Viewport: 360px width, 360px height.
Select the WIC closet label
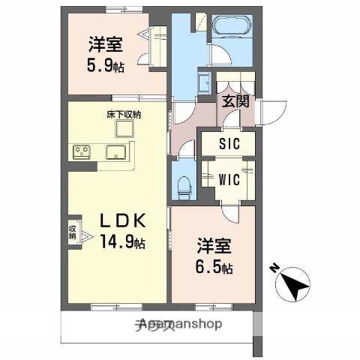point(229,181)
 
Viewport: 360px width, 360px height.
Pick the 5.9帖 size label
point(105,66)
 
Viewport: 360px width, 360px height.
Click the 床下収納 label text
point(124,114)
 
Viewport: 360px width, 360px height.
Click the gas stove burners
point(81,153)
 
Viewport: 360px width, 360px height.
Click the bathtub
point(233,30)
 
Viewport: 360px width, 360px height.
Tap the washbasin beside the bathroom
point(202,82)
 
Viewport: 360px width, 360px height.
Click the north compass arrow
point(293,284)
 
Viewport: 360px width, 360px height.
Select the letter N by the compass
point(274,268)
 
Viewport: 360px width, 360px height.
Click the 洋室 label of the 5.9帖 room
point(104,43)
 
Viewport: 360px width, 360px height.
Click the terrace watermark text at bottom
point(180,325)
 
